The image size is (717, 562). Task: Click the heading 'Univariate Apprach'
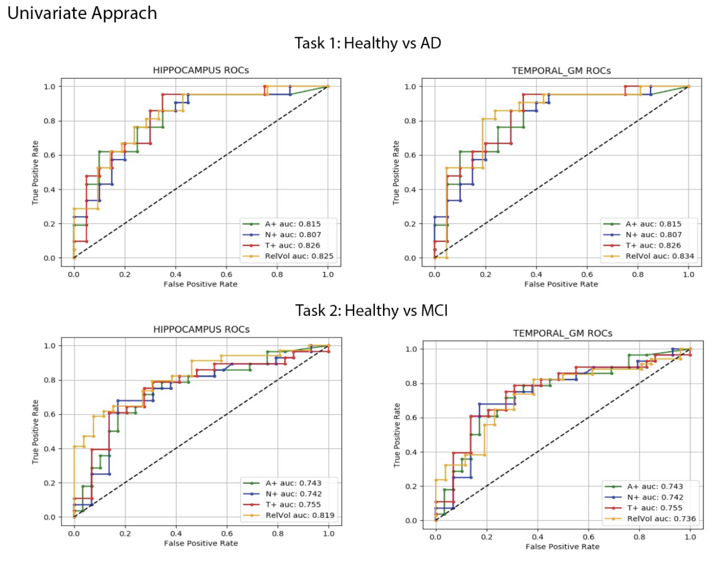(x=82, y=13)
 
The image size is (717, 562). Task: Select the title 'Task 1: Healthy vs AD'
(x=368, y=43)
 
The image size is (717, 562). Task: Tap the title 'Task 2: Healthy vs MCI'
(x=371, y=311)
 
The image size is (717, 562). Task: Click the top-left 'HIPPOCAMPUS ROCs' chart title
(x=201, y=71)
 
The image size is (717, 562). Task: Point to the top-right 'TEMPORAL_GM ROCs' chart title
(x=561, y=71)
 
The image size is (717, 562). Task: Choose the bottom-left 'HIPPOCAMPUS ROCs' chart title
(x=201, y=330)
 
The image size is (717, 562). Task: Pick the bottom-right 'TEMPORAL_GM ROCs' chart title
(x=563, y=333)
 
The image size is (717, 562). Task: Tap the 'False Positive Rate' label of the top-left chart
(x=200, y=284)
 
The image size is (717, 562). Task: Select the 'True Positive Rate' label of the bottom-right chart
(x=397, y=435)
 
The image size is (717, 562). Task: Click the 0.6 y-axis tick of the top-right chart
(x=410, y=155)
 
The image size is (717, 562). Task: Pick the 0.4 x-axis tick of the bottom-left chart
(x=176, y=533)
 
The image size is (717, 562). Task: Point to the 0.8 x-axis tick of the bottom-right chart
(x=639, y=537)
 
